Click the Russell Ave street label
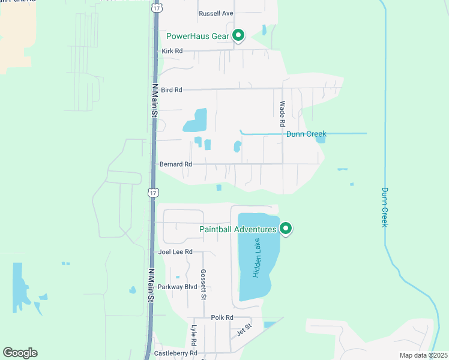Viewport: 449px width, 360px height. coord(215,13)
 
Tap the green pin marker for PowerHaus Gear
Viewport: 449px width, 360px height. coord(238,35)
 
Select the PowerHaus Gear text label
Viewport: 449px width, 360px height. coord(197,36)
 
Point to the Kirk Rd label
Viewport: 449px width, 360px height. coord(172,52)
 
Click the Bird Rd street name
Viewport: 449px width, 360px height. coord(171,90)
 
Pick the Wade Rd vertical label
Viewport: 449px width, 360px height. coord(282,113)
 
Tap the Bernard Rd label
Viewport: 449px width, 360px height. coord(176,164)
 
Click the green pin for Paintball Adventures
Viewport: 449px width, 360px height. coord(286,228)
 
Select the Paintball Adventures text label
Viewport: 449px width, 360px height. coord(238,229)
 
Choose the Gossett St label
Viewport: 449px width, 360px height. coord(203,285)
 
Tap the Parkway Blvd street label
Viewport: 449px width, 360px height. coord(178,287)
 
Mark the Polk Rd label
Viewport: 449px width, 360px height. coord(221,317)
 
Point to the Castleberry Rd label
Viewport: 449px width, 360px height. coord(176,353)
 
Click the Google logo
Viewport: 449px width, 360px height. coord(20,353)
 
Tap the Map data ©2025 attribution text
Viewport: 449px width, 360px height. coord(423,355)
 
